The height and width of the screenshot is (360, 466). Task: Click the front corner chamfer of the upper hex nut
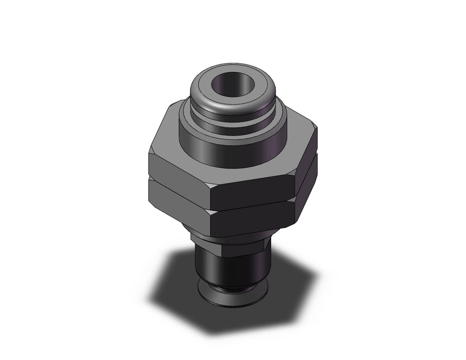(x=212, y=195)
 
